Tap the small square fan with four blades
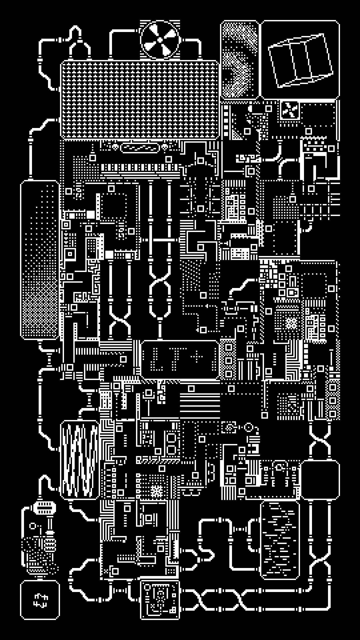point(289,110)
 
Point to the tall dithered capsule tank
point(40,260)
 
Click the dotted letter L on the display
point(157,359)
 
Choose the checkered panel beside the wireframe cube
point(239,60)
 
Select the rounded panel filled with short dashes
point(279,540)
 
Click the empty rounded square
point(320,480)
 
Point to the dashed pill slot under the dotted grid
point(140,148)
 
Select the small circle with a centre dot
point(249,427)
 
